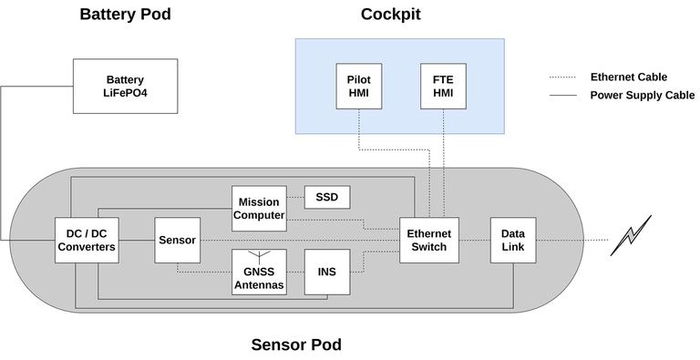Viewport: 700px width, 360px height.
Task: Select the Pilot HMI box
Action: [358, 86]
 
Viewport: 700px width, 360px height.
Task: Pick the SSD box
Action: [326, 197]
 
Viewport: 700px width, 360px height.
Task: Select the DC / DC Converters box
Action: [85, 240]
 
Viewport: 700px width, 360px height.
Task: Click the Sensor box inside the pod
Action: [176, 240]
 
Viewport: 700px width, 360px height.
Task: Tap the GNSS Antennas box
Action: [259, 276]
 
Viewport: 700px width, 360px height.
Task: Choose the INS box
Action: [326, 272]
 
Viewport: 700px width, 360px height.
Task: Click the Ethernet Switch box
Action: [427, 240]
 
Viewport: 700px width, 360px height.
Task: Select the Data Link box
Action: [512, 240]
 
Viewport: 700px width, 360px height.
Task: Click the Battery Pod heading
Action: [125, 15]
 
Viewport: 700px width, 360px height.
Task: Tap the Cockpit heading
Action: [390, 15]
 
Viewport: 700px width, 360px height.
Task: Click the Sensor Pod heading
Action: [296, 345]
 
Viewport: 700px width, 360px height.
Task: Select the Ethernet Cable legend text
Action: [628, 77]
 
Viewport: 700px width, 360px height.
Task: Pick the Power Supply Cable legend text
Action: [642, 95]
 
